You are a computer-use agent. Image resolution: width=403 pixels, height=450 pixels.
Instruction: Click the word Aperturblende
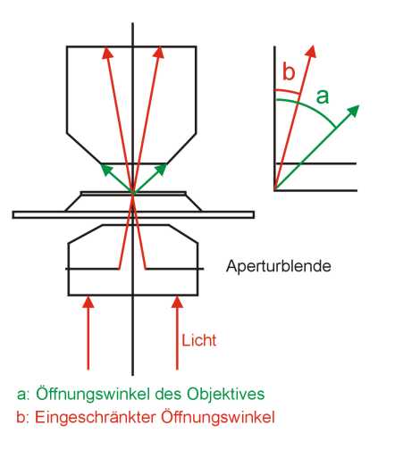pyautogui.click(x=279, y=266)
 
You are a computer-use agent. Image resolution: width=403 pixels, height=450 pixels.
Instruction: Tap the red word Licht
pyautogui.click(x=199, y=340)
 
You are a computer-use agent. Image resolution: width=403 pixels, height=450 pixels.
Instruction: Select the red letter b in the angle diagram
pyautogui.click(x=289, y=71)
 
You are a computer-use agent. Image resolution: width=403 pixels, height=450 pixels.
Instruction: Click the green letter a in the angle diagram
pyautogui.click(x=323, y=96)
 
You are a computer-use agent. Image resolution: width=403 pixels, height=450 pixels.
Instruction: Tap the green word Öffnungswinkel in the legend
pyautogui.click(x=93, y=394)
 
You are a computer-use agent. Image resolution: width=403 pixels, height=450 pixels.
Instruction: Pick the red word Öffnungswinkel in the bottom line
pyautogui.click(x=218, y=417)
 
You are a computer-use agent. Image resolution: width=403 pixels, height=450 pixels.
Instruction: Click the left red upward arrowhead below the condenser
pyautogui.click(x=88, y=302)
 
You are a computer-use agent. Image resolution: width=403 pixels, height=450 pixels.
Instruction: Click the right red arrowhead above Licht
pyautogui.click(x=177, y=302)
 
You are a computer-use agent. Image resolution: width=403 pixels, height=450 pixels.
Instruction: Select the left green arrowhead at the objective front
pyautogui.click(x=105, y=170)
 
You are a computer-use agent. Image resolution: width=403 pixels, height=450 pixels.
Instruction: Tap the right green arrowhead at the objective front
pyautogui.click(x=162, y=169)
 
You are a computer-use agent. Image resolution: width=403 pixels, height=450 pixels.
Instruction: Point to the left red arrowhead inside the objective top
pyautogui.click(x=107, y=53)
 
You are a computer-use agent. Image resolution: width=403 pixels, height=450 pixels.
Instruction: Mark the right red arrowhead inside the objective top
pyautogui.click(x=159, y=53)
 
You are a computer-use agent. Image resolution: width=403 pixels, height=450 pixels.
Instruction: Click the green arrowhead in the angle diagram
pyautogui.click(x=354, y=111)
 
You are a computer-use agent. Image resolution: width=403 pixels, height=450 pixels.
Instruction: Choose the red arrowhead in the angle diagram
pyautogui.click(x=311, y=51)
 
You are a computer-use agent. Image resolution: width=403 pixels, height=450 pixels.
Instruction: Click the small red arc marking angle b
pyautogui.click(x=287, y=91)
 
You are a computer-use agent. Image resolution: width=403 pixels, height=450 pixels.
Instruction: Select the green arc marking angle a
pyautogui.click(x=310, y=109)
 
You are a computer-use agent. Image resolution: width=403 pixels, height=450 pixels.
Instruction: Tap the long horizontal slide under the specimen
pyautogui.click(x=133, y=214)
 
